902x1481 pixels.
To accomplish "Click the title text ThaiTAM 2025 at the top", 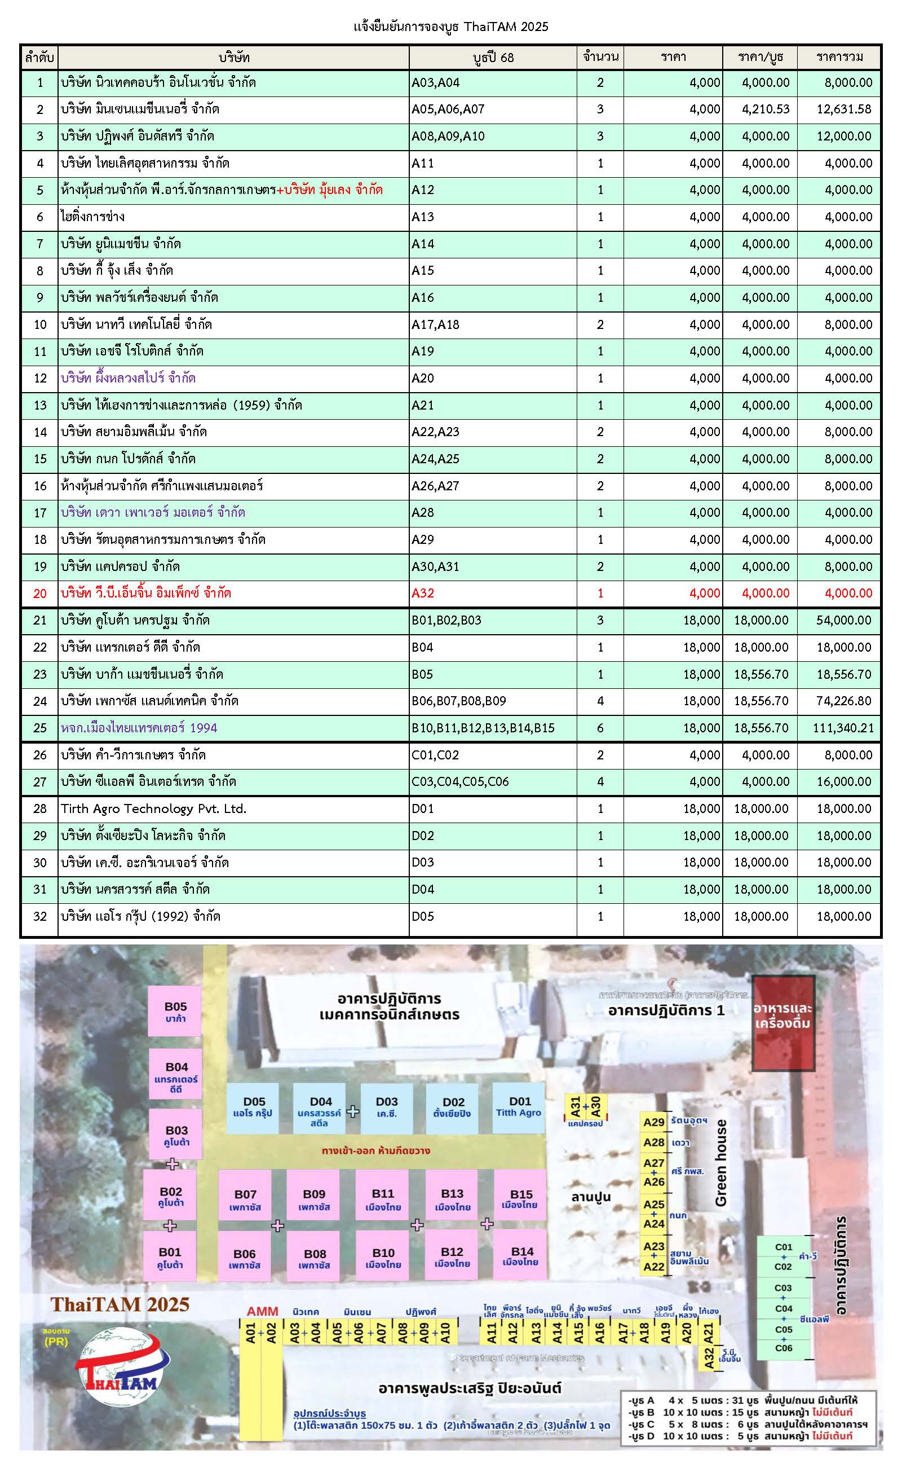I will pos(450,27).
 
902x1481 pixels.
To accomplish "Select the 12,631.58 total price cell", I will pos(844,109).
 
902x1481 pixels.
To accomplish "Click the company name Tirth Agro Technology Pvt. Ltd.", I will pos(154,809).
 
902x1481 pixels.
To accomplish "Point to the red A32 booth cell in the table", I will pos(423,593).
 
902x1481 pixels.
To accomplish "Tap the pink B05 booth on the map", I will pos(175,1011).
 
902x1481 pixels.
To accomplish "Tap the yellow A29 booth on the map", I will pos(654,1122).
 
